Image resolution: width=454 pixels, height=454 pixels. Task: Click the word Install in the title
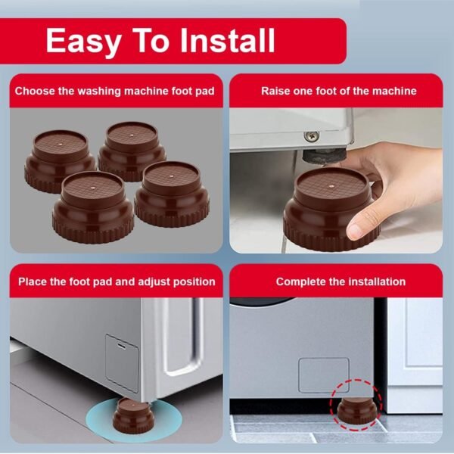pyautogui.click(x=227, y=40)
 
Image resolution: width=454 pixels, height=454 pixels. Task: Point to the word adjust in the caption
pyautogui.click(x=154, y=282)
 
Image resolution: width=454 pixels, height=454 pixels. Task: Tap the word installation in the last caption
pyautogui.click(x=377, y=281)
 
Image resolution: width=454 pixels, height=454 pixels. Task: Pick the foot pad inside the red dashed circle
pyautogui.click(x=357, y=411)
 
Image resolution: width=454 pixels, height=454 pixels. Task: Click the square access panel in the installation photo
pyautogui.click(x=324, y=375)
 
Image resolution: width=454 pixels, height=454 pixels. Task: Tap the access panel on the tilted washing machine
pyautogui.click(x=122, y=363)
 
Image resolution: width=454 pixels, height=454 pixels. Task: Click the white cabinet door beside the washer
pyautogui.click(x=415, y=356)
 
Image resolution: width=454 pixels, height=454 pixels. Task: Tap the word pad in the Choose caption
pyautogui.click(x=205, y=92)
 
